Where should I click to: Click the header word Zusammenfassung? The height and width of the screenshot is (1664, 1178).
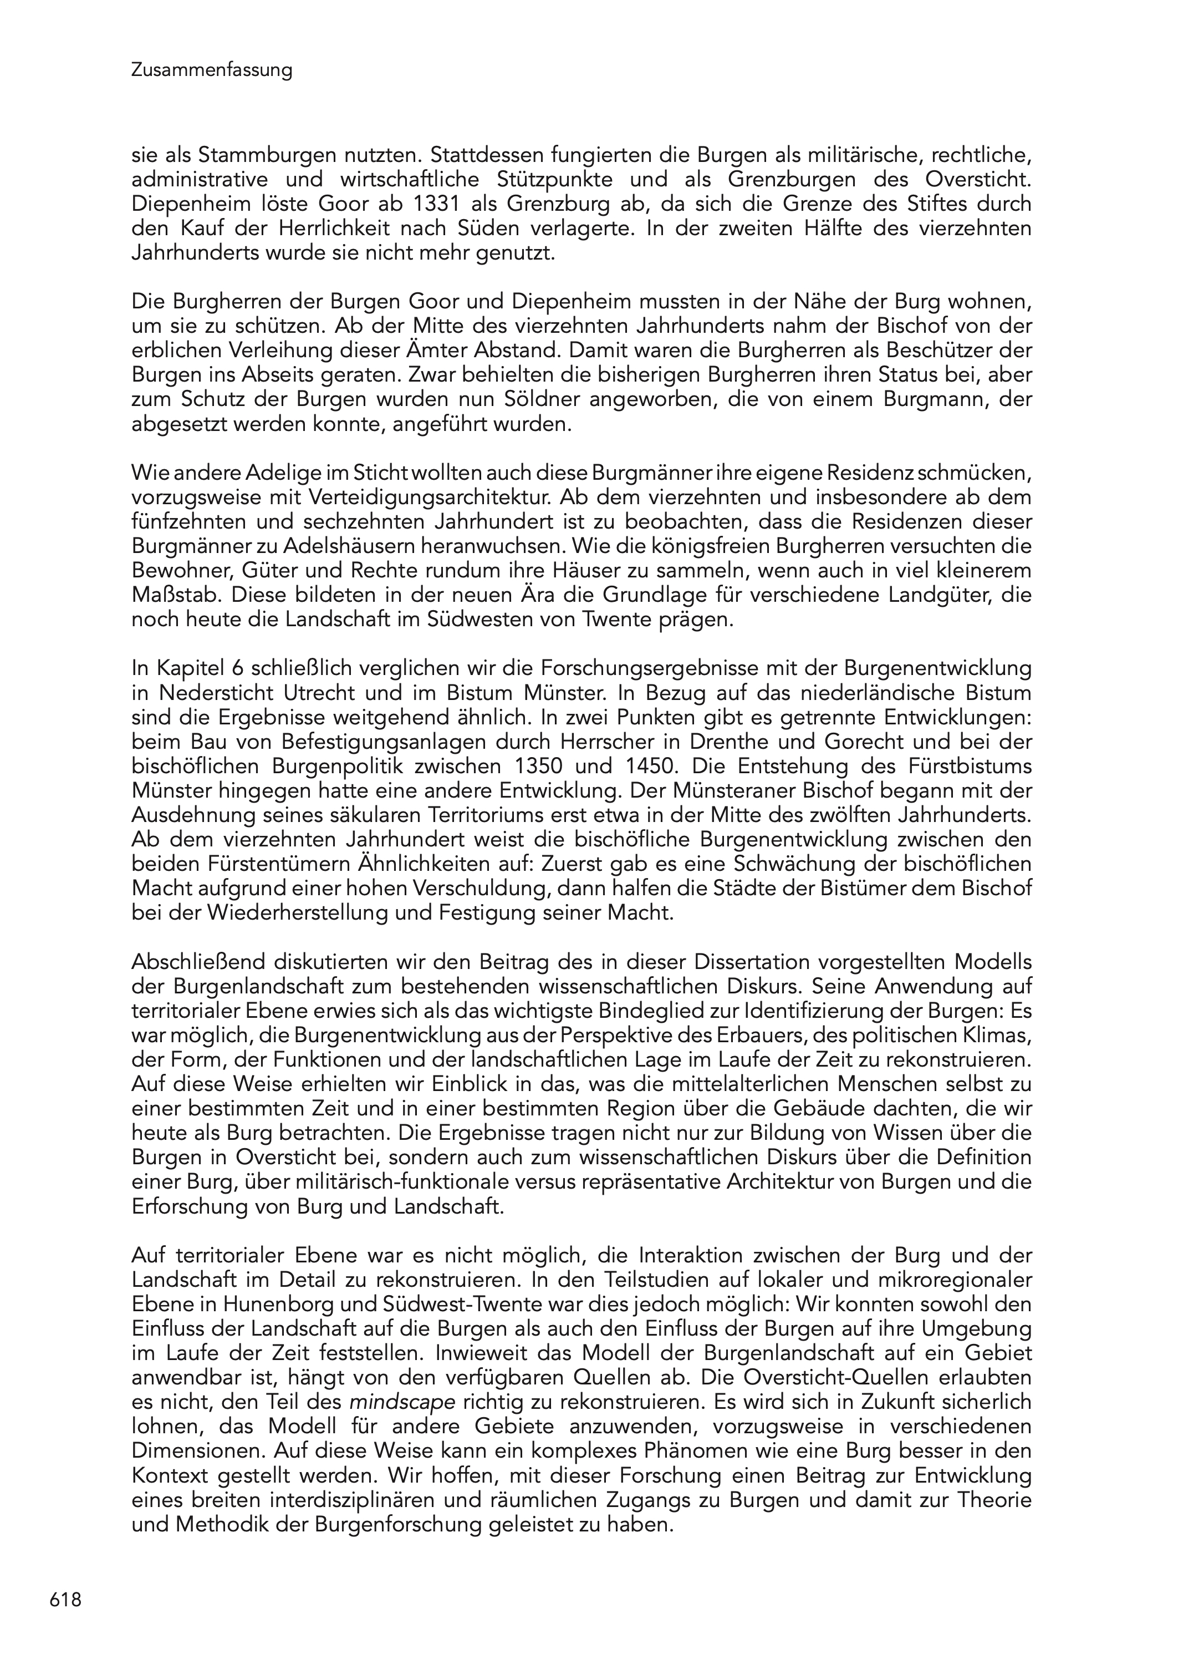pyautogui.click(x=212, y=70)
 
